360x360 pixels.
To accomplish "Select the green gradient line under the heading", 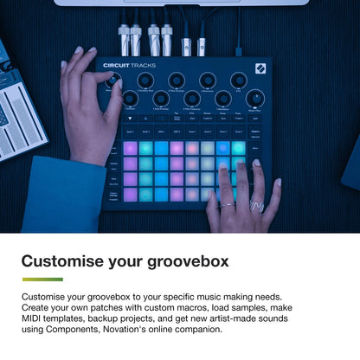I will click(x=42, y=280).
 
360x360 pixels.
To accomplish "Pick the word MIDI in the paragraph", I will click(x=35, y=318).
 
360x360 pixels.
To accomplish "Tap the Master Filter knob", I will click(x=254, y=99).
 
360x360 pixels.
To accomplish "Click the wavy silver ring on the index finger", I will click(x=255, y=206).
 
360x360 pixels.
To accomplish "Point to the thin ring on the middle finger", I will click(x=227, y=204).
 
